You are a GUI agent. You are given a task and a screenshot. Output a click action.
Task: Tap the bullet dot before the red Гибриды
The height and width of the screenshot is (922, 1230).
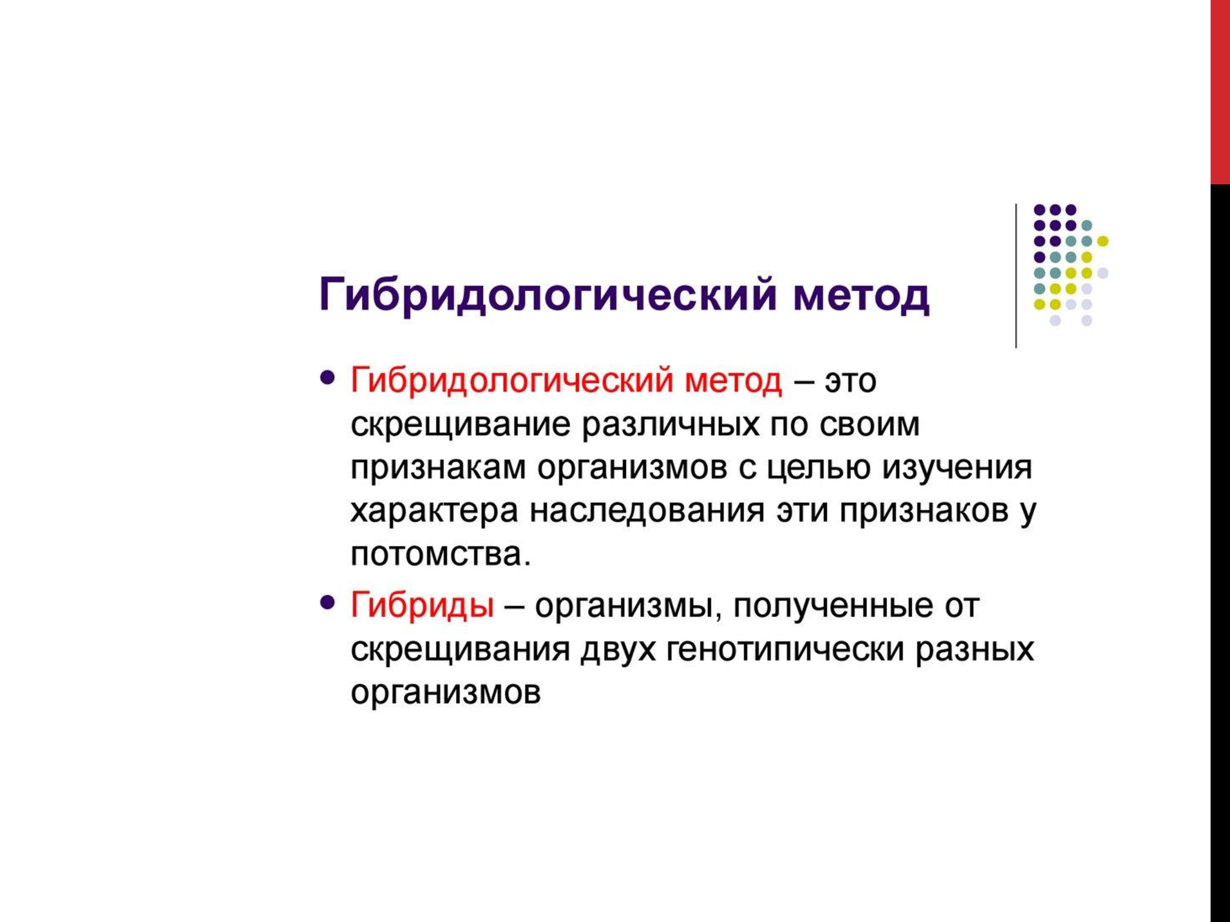328,602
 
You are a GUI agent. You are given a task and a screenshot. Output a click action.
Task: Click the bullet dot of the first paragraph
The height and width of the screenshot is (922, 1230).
328,377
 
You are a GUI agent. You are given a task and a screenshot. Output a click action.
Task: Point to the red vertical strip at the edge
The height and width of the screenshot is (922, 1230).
1220,92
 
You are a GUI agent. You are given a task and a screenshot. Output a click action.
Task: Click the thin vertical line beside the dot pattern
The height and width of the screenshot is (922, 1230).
1016,275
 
